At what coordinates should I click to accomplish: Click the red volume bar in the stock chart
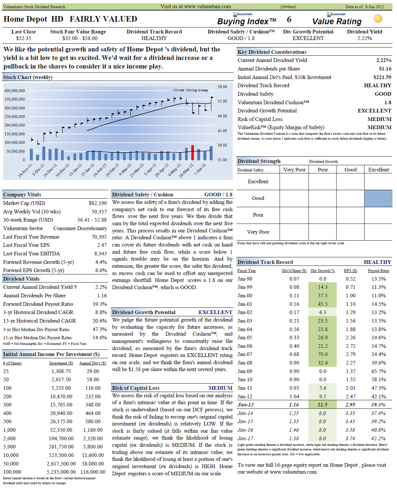tap(193, 153)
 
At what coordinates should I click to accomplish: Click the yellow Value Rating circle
tap(378, 19)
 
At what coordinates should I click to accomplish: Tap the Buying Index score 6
tap(289, 20)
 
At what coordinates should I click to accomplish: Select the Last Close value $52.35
tap(24, 38)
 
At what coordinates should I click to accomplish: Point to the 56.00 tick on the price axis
tap(222, 87)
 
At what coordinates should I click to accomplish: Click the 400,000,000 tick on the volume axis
tap(15, 91)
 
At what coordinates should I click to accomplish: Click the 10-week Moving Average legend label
tap(191, 90)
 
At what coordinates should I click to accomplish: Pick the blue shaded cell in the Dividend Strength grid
tap(378, 198)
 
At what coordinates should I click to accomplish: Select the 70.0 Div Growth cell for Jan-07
tap(323, 354)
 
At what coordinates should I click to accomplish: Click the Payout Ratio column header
tap(378, 271)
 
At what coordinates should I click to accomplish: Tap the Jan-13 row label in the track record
tap(246, 405)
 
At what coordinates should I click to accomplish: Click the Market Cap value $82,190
tap(98, 203)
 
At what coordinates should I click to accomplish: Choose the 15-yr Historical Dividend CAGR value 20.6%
tap(100, 321)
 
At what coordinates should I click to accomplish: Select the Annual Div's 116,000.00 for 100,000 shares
tap(93, 472)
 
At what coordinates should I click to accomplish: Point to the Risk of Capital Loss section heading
tap(136, 388)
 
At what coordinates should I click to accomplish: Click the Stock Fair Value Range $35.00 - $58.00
tap(80, 38)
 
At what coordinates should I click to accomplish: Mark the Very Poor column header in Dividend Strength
tap(294, 170)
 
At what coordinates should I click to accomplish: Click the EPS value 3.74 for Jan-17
tap(350, 439)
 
